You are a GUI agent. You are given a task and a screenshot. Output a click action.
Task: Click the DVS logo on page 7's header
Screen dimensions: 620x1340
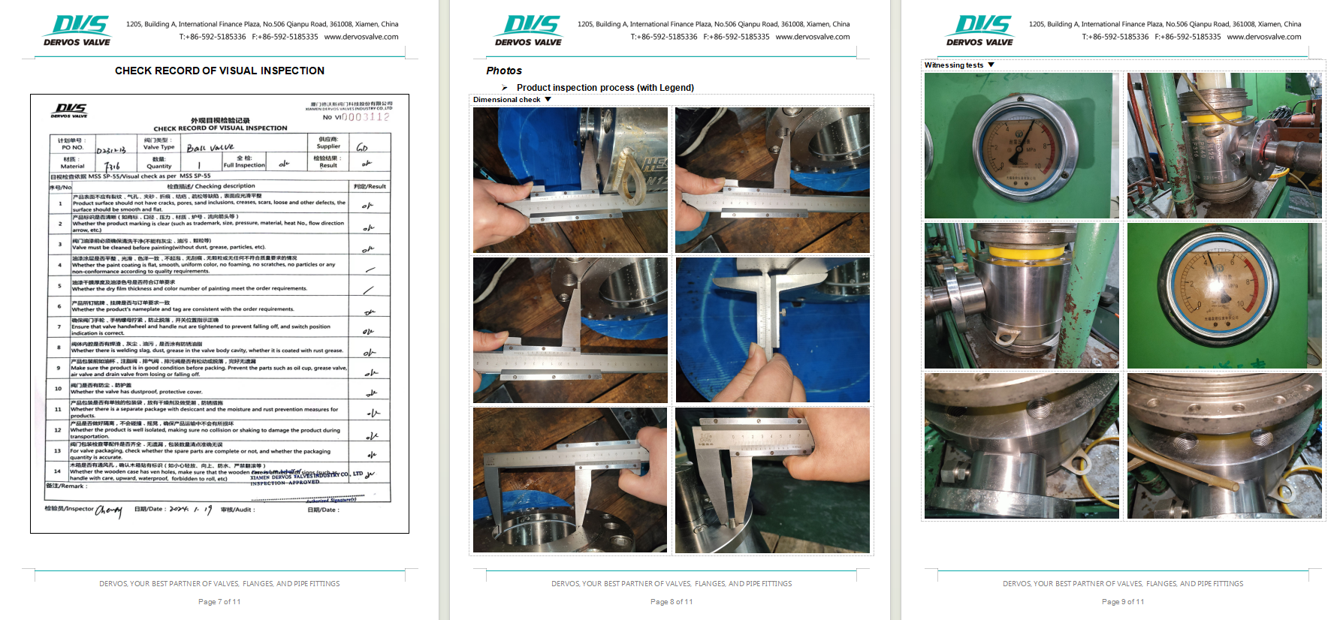77,31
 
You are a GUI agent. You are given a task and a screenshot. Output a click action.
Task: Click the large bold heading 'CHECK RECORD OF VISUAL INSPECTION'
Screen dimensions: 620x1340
219,71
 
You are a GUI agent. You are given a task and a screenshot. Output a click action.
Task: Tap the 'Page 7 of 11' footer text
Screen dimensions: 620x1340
219,602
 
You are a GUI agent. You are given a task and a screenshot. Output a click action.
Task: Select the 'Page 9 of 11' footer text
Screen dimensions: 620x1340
1122,602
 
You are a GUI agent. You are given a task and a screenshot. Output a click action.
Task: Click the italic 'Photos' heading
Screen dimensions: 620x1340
504,71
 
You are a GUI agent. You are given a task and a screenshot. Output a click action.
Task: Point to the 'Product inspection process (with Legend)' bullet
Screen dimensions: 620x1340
605,88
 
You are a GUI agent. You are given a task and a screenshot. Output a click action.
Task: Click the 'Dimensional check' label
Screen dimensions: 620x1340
506,100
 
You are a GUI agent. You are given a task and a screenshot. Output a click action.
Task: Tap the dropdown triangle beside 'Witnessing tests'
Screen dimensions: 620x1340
991,65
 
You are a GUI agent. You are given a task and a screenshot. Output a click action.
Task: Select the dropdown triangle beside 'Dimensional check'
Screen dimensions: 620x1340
548,100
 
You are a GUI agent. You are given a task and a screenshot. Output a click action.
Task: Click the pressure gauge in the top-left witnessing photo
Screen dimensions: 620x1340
1021,146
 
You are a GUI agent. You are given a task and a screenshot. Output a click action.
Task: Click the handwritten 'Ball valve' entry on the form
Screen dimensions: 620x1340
210,148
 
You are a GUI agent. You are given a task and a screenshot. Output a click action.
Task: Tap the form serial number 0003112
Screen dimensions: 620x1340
366,117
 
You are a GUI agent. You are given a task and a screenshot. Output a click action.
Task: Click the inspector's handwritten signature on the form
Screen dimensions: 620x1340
109,510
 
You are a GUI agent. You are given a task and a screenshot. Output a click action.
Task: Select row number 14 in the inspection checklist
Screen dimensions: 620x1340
57,471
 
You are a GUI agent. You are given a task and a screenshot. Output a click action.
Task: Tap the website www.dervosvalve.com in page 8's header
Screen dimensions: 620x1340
812,37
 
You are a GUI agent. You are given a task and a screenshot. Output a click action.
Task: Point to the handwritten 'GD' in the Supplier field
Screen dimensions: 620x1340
362,147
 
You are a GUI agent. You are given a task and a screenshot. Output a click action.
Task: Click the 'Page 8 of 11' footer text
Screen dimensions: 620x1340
672,602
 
